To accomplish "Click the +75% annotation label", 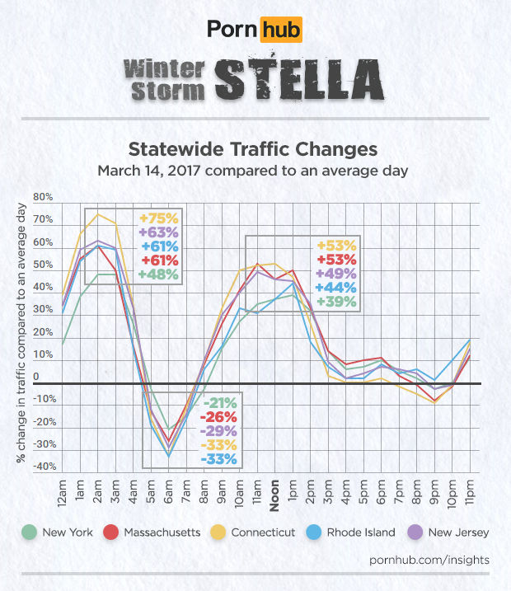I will click(x=158, y=218).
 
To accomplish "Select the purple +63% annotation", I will click(x=158, y=232).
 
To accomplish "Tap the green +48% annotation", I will click(x=158, y=274).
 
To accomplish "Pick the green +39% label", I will click(x=336, y=302).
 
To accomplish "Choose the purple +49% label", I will click(x=336, y=274).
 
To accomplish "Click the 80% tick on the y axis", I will click(x=43, y=198).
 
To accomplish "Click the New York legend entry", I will click(x=63, y=532).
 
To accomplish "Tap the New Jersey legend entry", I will click(x=448, y=532).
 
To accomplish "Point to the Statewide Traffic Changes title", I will click(x=254, y=150).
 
